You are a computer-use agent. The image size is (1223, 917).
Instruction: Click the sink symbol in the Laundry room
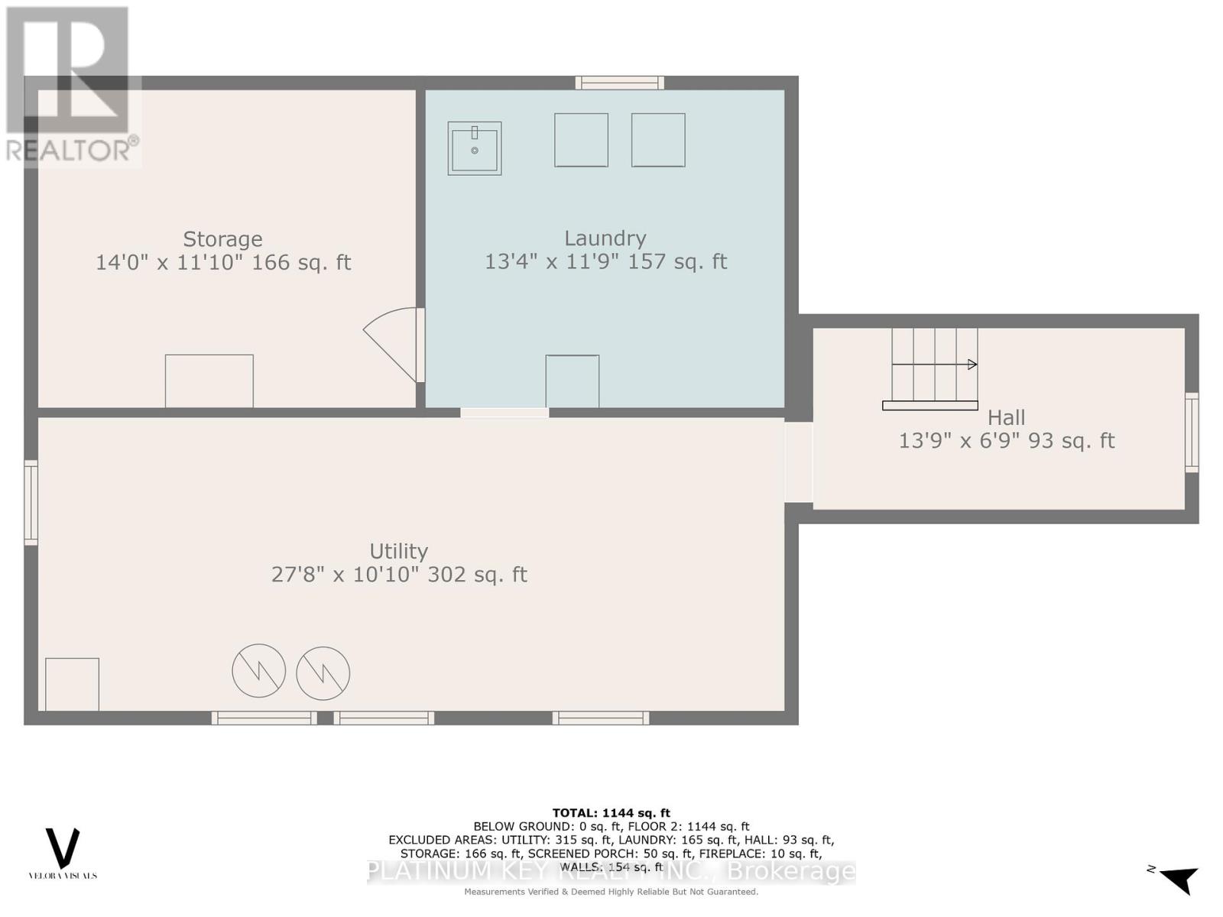tap(474, 148)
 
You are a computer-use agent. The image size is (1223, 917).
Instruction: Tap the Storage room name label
tap(222, 239)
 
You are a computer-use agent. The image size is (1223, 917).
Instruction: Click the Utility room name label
tap(398, 551)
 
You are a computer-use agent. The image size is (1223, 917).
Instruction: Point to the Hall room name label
tap(1006, 418)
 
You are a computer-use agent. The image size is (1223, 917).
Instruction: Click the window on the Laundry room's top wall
tap(619, 83)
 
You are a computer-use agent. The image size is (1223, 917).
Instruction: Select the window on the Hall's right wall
tap(1191, 432)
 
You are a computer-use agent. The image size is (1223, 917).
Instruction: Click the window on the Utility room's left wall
tap(31, 502)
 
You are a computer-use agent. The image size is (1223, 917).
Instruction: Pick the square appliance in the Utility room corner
tap(72, 684)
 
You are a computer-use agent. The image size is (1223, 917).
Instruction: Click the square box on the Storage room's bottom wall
tap(209, 381)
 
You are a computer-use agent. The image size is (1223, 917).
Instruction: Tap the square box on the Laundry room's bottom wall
tap(572, 381)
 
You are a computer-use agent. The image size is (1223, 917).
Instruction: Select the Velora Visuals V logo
tap(63, 847)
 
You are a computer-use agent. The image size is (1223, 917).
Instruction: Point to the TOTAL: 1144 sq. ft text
tap(611, 813)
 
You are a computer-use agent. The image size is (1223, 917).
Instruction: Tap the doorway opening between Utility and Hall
tap(798, 462)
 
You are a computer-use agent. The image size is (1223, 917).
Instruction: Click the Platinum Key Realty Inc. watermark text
tap(611, 871)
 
